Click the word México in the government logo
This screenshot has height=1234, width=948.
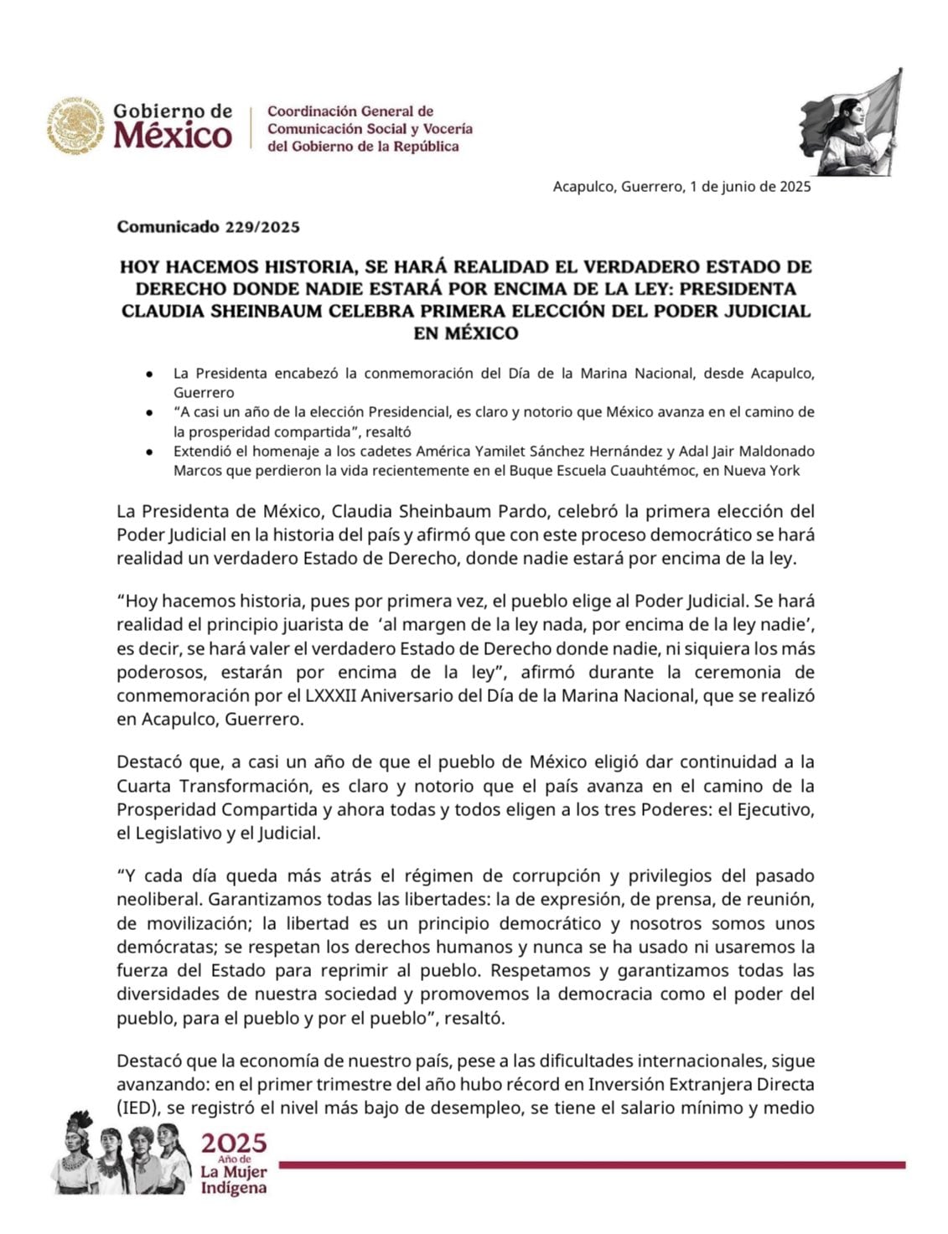(174, 135)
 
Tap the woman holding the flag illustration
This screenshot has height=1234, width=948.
(851, 126)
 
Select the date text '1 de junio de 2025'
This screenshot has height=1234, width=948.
(750, 187)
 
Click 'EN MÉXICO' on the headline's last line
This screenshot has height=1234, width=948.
(466, 333)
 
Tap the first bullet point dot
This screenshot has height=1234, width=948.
(148, 374)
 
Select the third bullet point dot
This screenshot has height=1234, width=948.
(148, 452)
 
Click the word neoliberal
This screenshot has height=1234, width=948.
(158, 901)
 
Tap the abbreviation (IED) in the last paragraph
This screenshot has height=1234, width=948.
(136, 1108)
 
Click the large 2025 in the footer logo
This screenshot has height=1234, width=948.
(233, 1144)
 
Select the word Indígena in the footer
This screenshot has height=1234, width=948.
(234, 1188)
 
